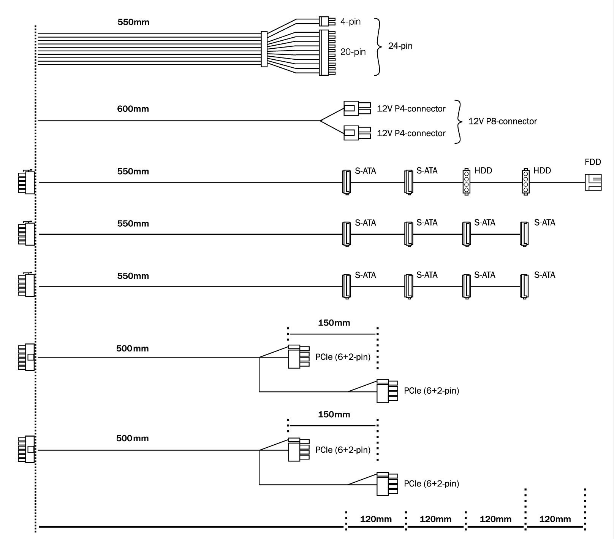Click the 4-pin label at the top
[350, 22]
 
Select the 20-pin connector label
[353, 52]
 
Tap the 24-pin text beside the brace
[400, 46]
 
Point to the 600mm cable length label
[133, 109]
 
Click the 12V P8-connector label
[502, 121]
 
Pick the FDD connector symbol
[593, 183]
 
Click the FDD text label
[593, 162]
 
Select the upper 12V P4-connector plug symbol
[357, 108]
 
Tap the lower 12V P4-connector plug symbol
[357, 133]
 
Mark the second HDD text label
[542, 171]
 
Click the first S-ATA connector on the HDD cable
[347, 182]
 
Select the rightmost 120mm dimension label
[555, 519]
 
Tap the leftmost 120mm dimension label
[375, 519]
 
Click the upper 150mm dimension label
[334, 323]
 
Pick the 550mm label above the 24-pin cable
[133, 22]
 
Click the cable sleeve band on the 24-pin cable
[264, 49]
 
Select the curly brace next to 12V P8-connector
[459, 122]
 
